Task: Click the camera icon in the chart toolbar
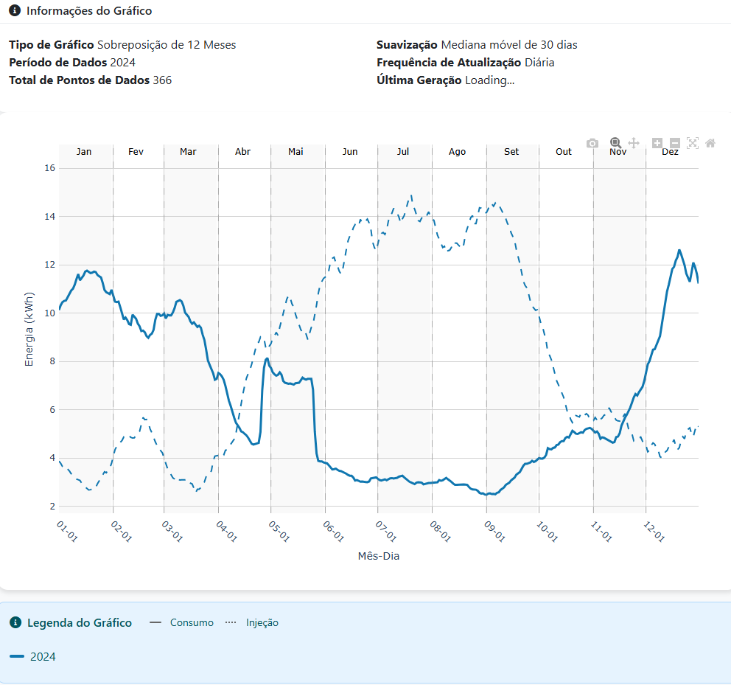(x=592, y=143)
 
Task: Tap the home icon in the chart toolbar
(x=710, y=143)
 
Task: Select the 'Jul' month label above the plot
(x=403, y=152)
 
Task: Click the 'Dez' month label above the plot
(x=670, y=152)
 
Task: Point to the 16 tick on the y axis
(x=50, y=168)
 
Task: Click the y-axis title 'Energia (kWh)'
(x=29, y=330)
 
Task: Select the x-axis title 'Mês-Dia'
(x=378, y=556)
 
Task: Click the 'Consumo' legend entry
(x=192, y=622)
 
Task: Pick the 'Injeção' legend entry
(x=262, y=622)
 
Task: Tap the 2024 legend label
(x=43, y=657)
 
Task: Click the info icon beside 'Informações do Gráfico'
(x=15, y=11)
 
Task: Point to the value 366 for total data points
(x=162, y=80)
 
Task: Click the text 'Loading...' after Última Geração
(x=489, y=80)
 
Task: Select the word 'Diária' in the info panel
(x=539, y=63)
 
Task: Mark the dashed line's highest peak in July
(x=411, y=196)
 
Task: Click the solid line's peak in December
(x=679, y=250)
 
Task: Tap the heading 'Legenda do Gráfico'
(x=80, y=622)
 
